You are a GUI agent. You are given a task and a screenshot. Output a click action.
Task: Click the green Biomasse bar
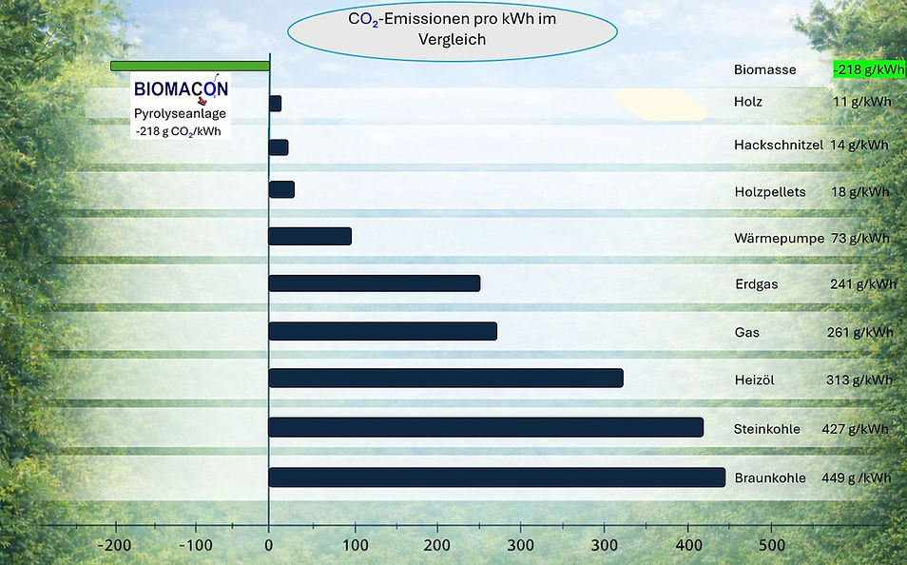point(190,66)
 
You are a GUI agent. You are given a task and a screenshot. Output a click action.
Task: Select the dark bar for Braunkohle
point(497,477)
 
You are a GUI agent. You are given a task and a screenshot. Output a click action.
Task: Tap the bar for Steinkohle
point(486,427)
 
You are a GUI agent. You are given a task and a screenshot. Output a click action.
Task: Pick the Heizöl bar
point(446,378)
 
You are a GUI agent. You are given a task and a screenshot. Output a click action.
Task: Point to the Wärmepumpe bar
point(310,236)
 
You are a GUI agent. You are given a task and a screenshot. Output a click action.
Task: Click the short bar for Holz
point(275,104)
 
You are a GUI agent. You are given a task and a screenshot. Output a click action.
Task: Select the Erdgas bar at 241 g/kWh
point(375,283)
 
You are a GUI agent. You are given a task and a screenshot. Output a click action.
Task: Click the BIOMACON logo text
point(181,89)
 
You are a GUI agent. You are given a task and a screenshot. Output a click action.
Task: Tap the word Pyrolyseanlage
point(180,114)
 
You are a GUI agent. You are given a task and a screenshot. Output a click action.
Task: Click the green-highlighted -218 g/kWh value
point(869,69)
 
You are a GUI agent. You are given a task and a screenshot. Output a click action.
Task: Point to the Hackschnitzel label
point(779,145)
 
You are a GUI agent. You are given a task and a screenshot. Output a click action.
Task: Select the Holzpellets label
point(770,192)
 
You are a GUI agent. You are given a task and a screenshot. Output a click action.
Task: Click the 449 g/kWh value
point(856,478)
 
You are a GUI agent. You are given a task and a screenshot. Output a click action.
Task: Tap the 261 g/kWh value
point(860,332)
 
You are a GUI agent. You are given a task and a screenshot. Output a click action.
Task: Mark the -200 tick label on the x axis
point(114,545)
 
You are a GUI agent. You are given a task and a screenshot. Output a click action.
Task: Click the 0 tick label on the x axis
point(268,545)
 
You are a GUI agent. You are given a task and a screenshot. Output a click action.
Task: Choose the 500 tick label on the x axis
point(772,545)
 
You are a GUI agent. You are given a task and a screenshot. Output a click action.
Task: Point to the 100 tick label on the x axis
point(355,545)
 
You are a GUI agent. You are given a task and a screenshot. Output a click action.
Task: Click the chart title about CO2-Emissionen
point(453,29)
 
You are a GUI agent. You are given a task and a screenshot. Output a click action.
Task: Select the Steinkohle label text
point(767,429)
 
